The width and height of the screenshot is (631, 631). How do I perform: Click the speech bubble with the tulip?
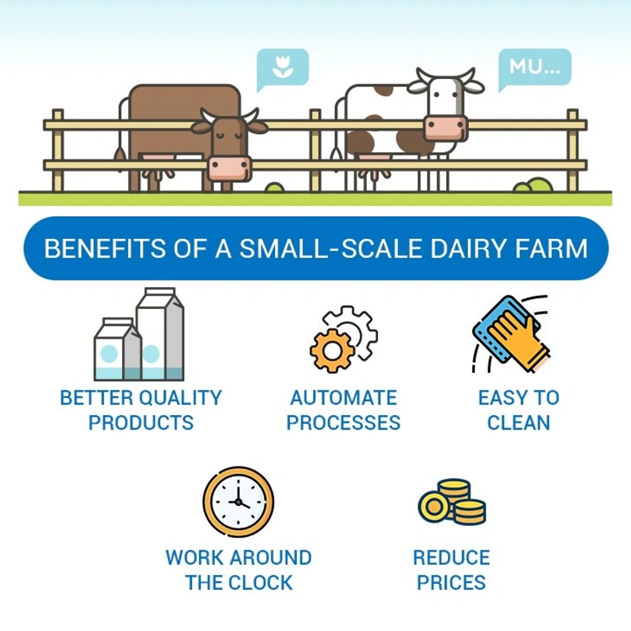[283, 67]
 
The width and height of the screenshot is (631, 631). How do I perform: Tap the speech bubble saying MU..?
[534, 66]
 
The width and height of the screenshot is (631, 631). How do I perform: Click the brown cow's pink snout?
[230, 167]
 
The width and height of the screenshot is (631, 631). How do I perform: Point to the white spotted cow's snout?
[445, 127]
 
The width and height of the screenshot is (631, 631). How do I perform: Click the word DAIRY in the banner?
[468, 248]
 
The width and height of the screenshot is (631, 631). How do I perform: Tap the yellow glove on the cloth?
[519, 336]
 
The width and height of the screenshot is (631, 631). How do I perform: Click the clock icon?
[238, 502]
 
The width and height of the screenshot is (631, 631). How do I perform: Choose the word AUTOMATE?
[343, 397]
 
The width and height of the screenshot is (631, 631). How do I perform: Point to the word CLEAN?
[519, 422]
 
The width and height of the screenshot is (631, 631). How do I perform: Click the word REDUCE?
[451, 557]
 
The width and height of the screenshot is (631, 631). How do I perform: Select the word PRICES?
[451, 582]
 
